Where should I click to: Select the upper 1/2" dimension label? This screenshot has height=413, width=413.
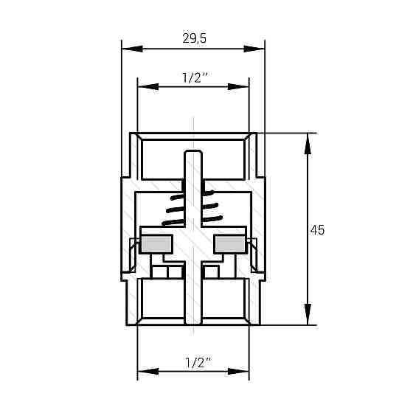(193, 77)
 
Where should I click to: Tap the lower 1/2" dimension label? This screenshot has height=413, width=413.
(193, 362)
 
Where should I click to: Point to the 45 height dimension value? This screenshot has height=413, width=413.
(317, 229)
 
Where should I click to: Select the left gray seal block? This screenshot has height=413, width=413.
(155, 243)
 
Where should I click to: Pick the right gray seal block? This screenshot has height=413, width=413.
(230, 243)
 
